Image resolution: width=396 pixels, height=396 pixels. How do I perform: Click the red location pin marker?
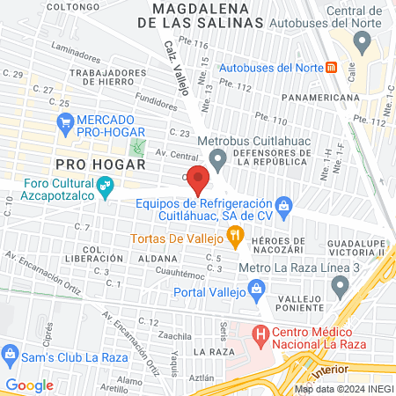pos(198,180)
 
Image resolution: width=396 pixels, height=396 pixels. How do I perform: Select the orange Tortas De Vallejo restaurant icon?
pos(234,235)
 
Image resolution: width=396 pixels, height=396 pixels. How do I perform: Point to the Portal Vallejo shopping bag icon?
pos(255,288)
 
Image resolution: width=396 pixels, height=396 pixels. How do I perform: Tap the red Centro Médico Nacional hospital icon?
pos(260,334)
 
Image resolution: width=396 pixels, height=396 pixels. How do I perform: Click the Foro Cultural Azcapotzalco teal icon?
pos(106,185)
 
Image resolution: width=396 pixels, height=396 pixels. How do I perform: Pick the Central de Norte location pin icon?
pos(361,41)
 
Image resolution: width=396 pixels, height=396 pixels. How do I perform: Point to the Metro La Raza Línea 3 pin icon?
pos(340,285)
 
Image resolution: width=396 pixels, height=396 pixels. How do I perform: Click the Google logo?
pos(29,385)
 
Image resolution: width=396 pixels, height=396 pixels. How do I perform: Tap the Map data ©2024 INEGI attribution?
pos(342,388)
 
